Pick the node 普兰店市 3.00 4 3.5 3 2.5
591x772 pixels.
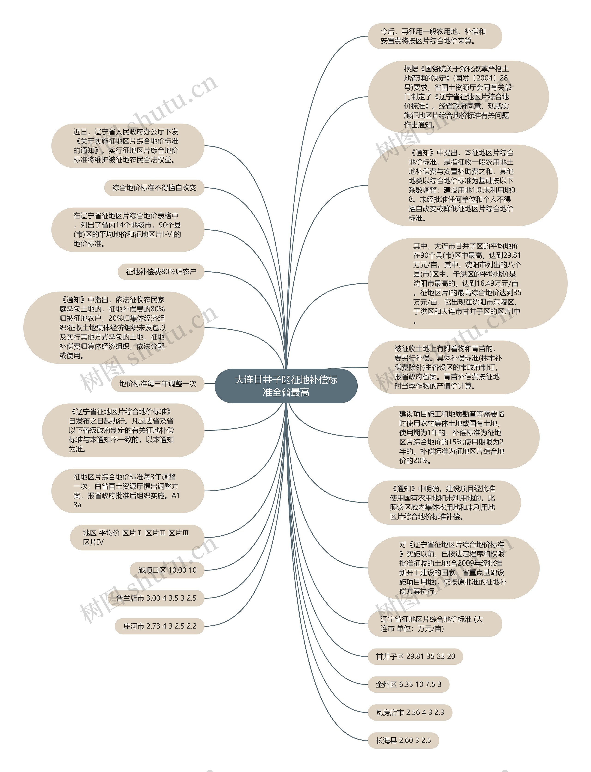156,598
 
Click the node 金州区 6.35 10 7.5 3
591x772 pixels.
408,685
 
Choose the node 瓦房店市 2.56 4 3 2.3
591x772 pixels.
410,712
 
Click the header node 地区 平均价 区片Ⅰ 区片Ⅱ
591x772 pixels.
136,538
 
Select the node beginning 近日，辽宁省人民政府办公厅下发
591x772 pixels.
127,146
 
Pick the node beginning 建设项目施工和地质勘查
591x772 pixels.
453,437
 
